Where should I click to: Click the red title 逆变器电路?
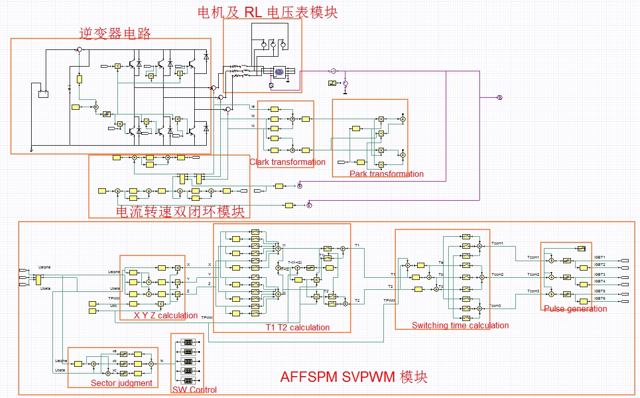tap(115, 34)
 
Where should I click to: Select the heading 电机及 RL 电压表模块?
tap(268, 12)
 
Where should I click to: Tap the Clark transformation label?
tap(287, 162)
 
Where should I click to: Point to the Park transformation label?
tap(386, 174)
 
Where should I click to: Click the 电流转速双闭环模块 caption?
tap(179, 212)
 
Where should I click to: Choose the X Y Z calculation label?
tap(166, 315)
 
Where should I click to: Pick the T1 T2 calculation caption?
tap(294, 327)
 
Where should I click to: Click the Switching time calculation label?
tap(460, 325)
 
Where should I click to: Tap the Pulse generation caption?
tap(575, 309)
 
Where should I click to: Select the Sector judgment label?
tap(122, 383)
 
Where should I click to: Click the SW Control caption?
tap(194, 390)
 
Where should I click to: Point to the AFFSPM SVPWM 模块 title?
tap(354, 377)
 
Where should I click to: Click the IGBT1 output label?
tap(599, 258)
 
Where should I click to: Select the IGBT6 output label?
tap(599, 299)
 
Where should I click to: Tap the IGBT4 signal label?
tap(599, 281)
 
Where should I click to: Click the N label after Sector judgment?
tap(162, 361)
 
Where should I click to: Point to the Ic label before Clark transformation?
tap(253, 125)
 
